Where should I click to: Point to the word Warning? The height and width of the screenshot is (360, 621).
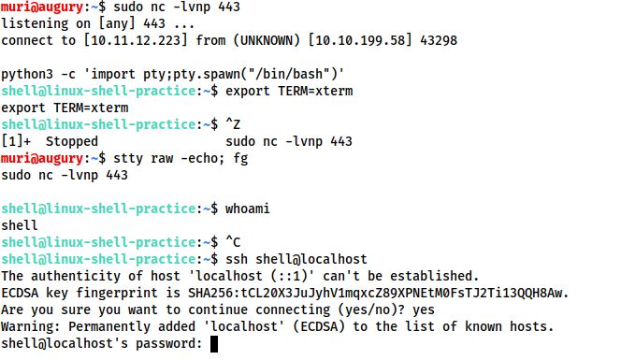[28, 327]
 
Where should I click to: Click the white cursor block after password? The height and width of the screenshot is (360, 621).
[214, 344]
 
